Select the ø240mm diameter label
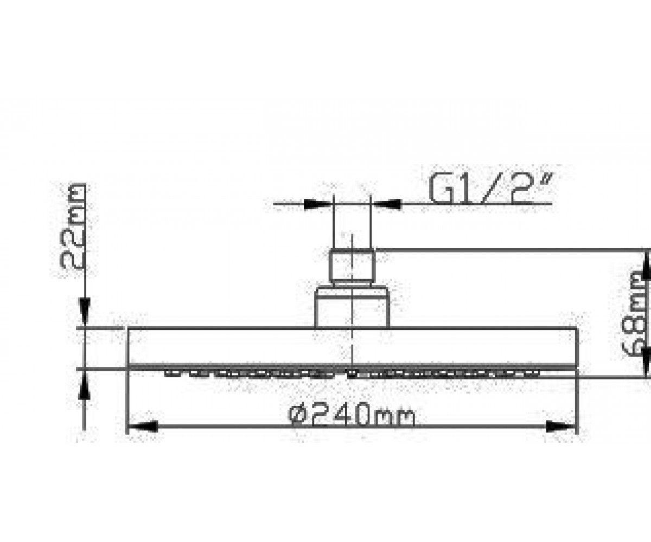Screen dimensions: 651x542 pos(352,414)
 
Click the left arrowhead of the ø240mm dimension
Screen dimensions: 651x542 pos(143,426)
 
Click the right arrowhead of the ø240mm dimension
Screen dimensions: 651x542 pos(560,426)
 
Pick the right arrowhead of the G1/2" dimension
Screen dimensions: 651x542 pos(386,204)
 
